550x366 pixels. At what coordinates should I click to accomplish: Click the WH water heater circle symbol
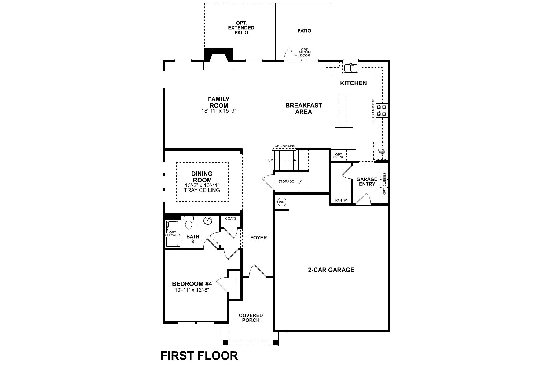tap(281, 202)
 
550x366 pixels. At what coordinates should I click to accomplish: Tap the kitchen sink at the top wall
tap(351, 68)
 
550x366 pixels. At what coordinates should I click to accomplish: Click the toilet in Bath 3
tap(189, 222)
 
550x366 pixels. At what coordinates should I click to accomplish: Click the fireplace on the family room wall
tap(218, 59)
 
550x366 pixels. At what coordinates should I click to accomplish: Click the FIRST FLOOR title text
tap(199, 356)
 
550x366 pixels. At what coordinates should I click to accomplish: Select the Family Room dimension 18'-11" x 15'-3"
tap(219, 111)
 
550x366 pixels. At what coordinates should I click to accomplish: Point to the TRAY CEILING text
tap(202, 190)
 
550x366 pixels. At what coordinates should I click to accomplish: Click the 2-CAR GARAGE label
tap(331, 270)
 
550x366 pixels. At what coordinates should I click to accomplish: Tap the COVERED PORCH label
tap(251, 318)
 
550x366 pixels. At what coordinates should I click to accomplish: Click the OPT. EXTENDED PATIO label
tap(241, 28)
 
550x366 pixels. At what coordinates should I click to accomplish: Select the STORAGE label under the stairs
tap(286, 181)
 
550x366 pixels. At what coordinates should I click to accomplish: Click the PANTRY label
tap(342, 200)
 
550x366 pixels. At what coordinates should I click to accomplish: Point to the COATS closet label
tap(231, 219)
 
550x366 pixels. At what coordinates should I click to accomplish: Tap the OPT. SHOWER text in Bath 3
tap(173, 234)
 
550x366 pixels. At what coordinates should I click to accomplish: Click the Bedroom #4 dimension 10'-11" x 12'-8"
tap(192, 290)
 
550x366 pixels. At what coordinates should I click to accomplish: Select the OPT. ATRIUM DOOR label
tap(305, 52)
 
